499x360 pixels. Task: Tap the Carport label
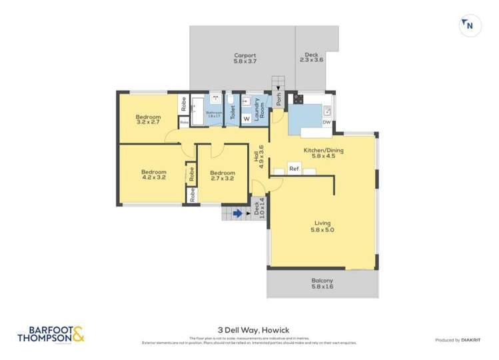(245, 55)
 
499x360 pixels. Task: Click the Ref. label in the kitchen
(294, 169)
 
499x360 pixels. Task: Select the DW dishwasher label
(326, 122)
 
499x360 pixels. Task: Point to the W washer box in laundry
(246, 119)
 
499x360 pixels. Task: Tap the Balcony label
(322, 281)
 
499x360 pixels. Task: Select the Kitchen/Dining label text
(322, 150)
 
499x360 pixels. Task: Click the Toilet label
(233, 113)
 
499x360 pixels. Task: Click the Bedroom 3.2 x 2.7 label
(149, 119)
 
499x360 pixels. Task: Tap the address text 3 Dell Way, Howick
(249, 329)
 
